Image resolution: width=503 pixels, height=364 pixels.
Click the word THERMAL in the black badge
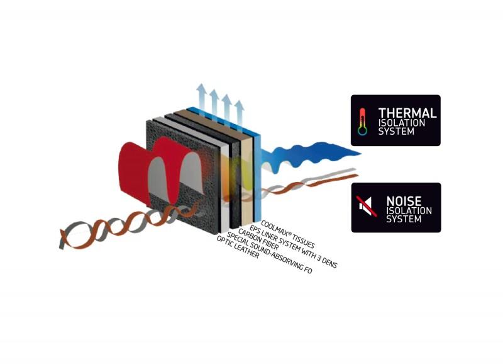pos(407,113)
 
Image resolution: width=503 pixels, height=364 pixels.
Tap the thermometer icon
pos(363,122)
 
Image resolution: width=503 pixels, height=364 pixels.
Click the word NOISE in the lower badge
pos(404,202)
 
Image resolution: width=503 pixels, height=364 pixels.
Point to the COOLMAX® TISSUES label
pos(288,234)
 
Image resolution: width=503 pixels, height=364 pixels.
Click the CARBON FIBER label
pos(258,240)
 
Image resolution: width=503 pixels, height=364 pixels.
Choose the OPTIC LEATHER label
pos(238,247)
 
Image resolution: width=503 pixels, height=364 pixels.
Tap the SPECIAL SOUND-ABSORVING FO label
pos(270,253)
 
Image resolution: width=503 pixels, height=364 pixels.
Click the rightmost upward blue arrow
pos(239,113)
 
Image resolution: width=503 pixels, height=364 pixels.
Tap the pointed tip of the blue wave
pos(361,154)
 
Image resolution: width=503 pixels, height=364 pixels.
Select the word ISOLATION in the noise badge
pos(409,211)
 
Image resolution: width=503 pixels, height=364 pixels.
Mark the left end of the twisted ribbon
pos(61,239)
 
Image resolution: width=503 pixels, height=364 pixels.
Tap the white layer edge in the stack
pos(225,190)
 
